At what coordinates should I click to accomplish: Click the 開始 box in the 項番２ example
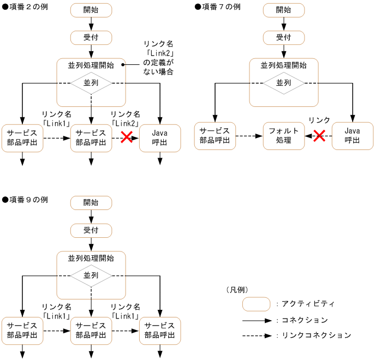(x=91, y=10)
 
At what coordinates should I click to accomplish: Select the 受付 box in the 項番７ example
(x=283, y=37)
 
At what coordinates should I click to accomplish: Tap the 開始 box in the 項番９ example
(x=91, y=202)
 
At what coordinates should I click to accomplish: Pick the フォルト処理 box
(x=283, y=136)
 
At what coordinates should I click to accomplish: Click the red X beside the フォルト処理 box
(x=319, y=136)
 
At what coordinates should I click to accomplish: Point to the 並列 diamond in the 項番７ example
(x=283, y=83)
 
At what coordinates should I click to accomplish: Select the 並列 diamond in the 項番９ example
(x=91, y=275)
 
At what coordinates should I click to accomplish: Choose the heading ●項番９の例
(x=25, y=200)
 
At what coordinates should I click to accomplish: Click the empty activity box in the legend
(x=256, y=303)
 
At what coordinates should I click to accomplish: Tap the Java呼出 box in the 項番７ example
(x=352, y=136)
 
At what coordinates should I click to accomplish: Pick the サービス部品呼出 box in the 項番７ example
(x=215, y=136)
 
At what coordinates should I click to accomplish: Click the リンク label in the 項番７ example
(x=319, y=120)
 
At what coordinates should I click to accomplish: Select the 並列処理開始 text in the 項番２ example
(x=91, y=65)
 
